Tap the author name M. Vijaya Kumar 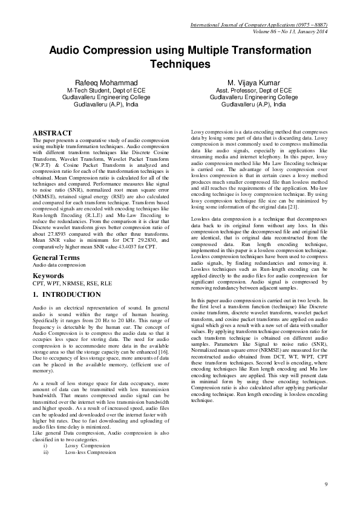254,82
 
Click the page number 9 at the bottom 326,484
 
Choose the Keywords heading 48,276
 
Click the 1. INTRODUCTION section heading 67,295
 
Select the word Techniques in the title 180,63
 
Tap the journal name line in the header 259,25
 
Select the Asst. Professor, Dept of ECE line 254,89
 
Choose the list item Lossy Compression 91,446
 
